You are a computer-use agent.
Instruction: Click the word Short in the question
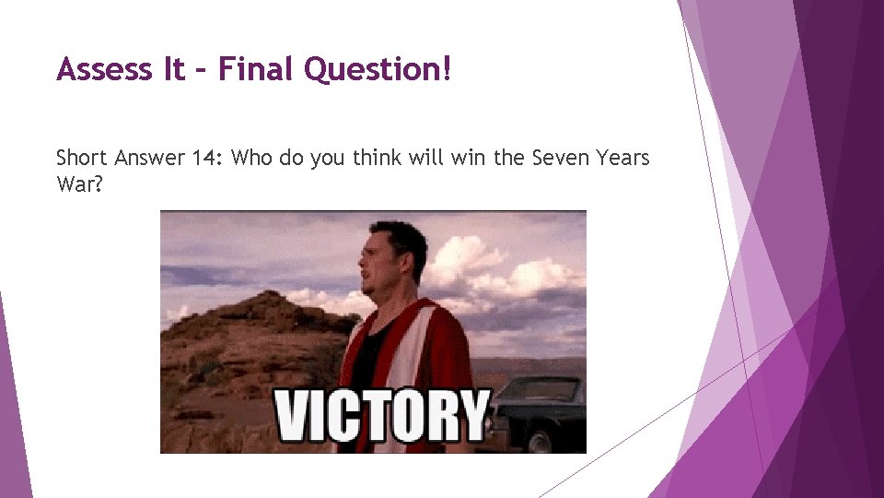[x=82, y=158]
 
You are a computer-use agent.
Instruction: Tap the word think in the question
[x=364, y=158]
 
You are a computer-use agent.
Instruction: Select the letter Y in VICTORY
[x=471, y=415]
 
